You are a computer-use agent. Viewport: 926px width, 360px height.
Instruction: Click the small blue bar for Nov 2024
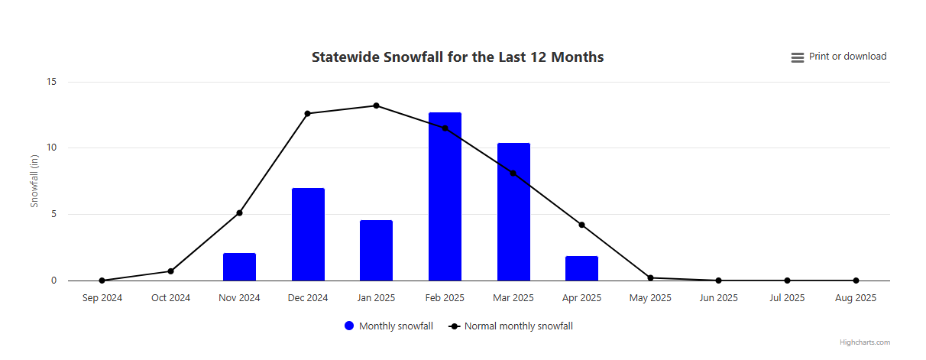tap(239, 267)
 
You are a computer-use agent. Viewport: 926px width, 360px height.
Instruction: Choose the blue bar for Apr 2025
tap(581, 268)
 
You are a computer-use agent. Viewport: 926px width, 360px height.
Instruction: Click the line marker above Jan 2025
tap(376, 105)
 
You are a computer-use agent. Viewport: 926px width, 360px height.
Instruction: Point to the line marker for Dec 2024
tap(308, 113)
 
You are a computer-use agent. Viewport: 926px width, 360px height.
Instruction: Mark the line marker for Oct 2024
tap(170, 271)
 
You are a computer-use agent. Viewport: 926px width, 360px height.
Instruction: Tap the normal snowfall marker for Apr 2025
tap(581, 225)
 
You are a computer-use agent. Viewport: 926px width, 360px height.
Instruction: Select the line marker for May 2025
tap(650, 277)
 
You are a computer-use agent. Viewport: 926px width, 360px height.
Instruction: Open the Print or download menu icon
tap(797, 57)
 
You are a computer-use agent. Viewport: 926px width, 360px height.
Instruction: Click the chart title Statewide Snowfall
tap(458, 57)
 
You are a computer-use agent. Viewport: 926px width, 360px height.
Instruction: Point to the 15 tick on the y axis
tap(51, 82)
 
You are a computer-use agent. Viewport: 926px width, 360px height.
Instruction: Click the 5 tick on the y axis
tap(53, 214)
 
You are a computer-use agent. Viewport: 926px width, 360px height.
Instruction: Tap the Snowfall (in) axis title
tap(34, 181)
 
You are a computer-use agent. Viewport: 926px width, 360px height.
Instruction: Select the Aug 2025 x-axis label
tap(856, 298)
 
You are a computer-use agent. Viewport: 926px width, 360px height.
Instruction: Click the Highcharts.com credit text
tap(865, 342)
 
